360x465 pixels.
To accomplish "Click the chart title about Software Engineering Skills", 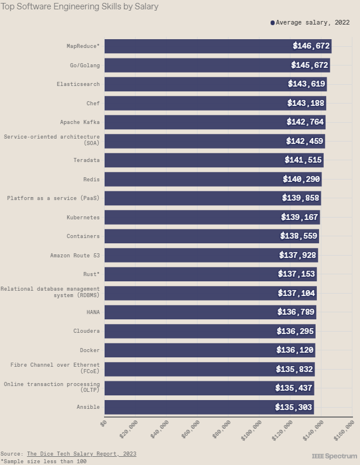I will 79,7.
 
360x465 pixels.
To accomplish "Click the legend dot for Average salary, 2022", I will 272,23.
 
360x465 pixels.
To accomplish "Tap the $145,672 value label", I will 310,65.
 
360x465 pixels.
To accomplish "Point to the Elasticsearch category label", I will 78,84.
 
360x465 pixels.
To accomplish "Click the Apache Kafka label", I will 79,122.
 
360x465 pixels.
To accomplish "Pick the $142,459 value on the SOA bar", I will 304,141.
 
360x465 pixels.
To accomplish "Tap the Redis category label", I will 91,179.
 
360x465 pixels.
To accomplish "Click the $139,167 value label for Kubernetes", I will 300,217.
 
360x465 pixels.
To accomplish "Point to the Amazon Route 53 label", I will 75,255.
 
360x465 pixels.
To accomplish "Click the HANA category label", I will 93,312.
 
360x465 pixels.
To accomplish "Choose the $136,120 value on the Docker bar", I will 295,350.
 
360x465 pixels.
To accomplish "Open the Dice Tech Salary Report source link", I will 82,454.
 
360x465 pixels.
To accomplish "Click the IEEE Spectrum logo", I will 334,456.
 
